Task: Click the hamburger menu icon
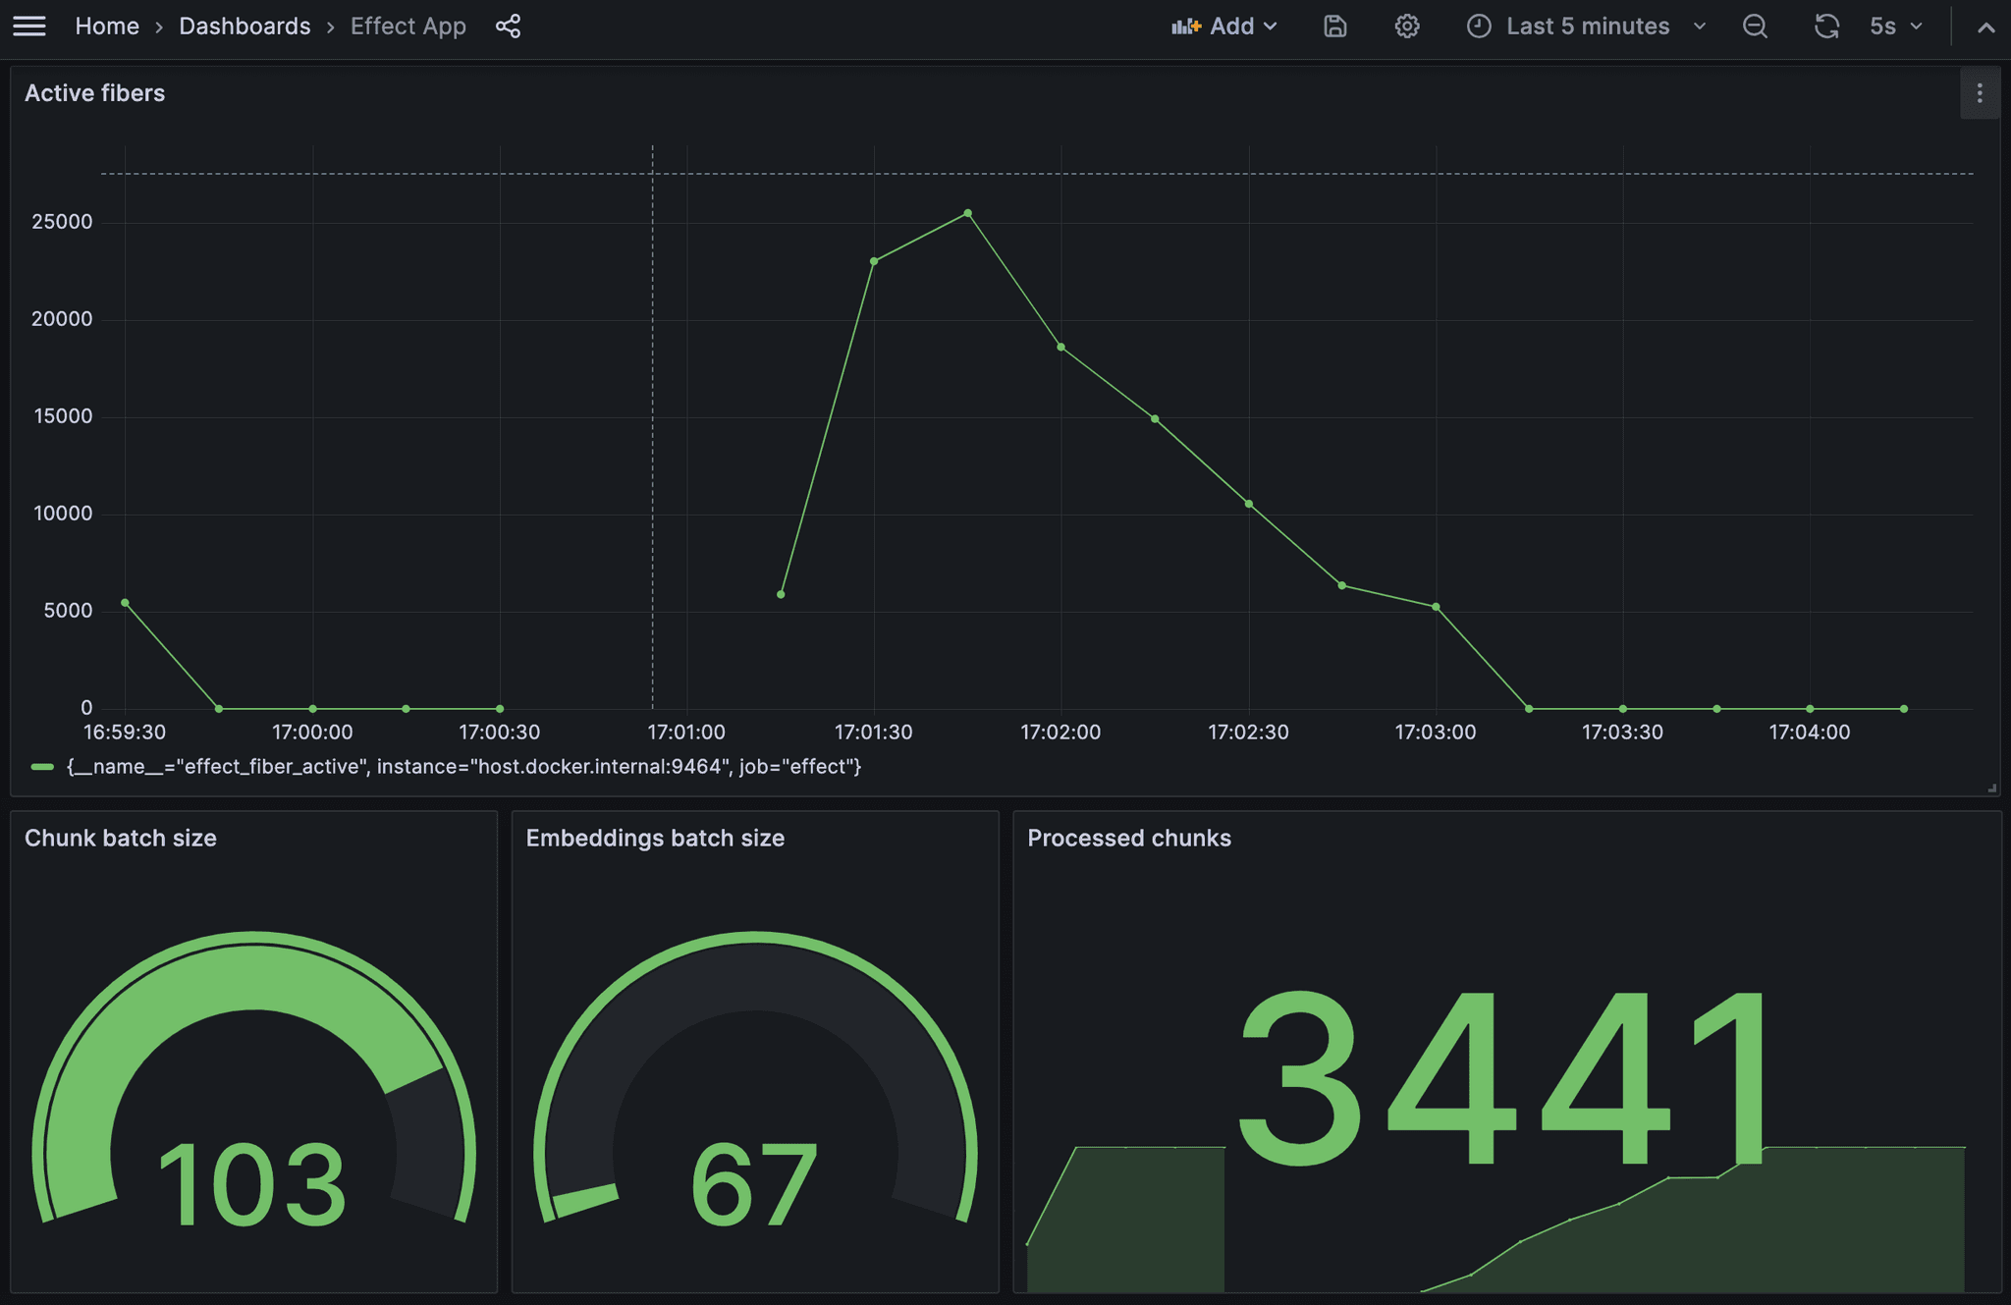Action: pos(29,27)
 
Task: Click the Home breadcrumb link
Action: pos(107,27)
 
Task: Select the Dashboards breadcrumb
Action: pos(245,27)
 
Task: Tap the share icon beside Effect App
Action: pos(509,27)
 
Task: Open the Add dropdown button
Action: pos(1224,27)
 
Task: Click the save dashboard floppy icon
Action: pos(1335,27)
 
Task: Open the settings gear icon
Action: pos(1407,27)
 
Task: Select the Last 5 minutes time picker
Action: pos(1587,27)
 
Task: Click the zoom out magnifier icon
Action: pos(1755,27)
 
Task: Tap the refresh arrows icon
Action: pos(1826,27)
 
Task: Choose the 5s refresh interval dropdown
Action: pos(1895,27)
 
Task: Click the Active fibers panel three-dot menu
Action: pos(1980,93)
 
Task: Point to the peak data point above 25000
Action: pos(968,213)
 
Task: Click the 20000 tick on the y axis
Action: pos(62,319)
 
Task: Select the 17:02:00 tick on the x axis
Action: pos(1060,733)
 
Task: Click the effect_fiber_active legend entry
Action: pos(462,767)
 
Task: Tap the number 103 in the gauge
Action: pos(251,1183)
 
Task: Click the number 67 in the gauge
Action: pos(754,1183)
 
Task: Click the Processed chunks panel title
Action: pos(1129,839)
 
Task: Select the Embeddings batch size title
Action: pos(655,839)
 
